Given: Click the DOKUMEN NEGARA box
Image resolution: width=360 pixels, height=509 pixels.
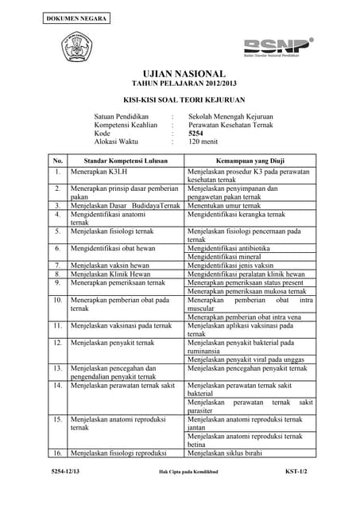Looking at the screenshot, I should coord(67,17).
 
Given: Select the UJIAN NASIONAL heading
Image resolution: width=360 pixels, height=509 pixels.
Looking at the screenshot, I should coord(180,72).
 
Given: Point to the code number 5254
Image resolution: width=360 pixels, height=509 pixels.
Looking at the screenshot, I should coord(196,133).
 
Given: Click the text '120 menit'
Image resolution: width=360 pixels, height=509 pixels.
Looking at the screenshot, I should coord(204,142).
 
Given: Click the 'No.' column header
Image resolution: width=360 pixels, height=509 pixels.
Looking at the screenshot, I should coord(58,161).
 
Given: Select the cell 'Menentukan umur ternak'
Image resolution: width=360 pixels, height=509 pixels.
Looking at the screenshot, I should coord(226,205).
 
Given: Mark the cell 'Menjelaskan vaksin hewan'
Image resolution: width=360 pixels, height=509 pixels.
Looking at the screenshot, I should coord(110,266).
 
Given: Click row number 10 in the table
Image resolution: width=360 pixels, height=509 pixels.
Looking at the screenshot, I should coord(58,300).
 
